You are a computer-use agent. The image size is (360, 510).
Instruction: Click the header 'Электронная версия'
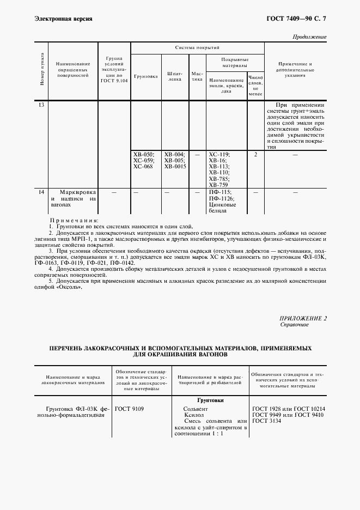pyautogui.click(x=63, y=19)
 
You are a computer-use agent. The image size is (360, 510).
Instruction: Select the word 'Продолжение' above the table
pyautogui.click(x=309, y=37)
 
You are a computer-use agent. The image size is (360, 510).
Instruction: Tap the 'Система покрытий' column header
pyautogui.click(x=197, y=48)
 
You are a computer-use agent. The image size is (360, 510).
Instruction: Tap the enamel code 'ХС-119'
pyautogui.click(x=219, y=155)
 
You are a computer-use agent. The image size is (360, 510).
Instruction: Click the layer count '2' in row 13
pyautogui.click(x=255, y=155)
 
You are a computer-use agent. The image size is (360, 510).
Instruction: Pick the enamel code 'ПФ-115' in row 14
pyautogui.click(x=219, y=192)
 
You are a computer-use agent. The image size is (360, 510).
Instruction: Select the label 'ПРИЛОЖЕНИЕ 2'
pyautogui.click(x=303, y=318)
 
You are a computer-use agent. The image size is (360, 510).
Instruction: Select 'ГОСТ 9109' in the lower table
pyautogui.click(x=129, y=408)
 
